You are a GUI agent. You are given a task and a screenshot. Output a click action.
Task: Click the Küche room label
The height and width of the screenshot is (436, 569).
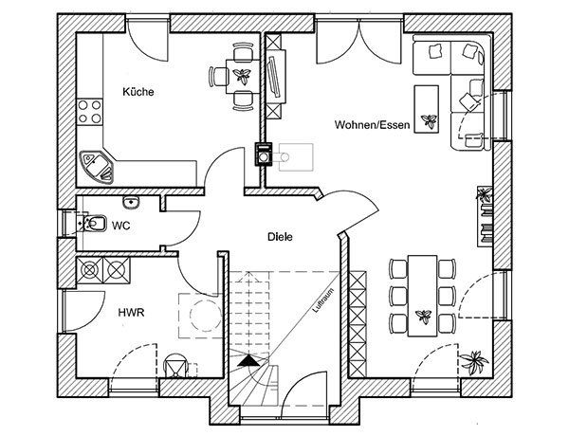(x=138, y=91)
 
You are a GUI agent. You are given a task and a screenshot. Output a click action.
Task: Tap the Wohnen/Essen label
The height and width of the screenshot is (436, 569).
(x=373, y=125)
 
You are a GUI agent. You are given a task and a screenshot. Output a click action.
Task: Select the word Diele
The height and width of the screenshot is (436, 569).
(x=280, y=237)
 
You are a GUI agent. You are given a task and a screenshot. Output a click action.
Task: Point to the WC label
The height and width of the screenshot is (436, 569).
(x=120, y=226)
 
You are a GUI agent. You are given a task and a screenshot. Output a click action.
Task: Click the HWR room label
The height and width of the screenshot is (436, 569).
(x=132, y=313)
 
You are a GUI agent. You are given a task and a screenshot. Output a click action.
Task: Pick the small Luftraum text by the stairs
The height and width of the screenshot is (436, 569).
(x=322, y=300)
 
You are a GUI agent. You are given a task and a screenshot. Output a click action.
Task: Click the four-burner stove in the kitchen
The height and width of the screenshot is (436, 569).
(x=90, y=112)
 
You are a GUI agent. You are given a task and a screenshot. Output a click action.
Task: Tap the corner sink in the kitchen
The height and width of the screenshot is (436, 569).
(x=96, y=166)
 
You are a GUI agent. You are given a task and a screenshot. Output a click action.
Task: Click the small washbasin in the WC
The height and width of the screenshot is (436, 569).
(x=131, y=201)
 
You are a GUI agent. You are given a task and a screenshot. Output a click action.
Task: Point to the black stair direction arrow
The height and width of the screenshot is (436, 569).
(x=248, y=360)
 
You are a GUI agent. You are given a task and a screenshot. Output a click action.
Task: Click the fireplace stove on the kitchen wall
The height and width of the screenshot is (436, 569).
(x=264, y=154)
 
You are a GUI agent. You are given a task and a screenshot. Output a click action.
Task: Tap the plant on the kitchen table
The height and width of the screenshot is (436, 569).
(x=242, y=76)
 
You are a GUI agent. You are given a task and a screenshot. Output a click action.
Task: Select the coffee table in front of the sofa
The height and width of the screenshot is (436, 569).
(x=427, y=109)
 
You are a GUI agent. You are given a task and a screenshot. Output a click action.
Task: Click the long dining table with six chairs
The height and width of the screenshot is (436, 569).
(x=422, y=296)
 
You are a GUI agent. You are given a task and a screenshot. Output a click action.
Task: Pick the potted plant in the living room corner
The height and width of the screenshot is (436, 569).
(x=474, y=362)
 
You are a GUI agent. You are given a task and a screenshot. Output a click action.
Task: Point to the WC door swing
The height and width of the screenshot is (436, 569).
(x=181, y=228)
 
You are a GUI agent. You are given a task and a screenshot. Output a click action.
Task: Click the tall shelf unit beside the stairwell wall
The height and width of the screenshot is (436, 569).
(x=358, y=324)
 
